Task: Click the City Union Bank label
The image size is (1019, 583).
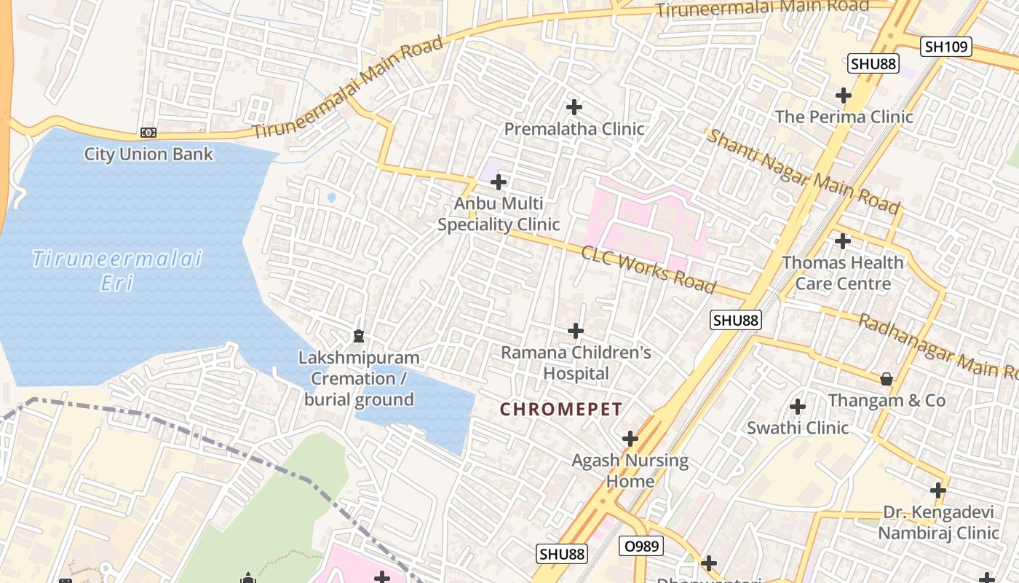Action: click(148, 154)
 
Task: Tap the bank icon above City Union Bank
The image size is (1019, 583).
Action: click(148, 133)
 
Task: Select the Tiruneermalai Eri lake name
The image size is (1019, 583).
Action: click(117, 270)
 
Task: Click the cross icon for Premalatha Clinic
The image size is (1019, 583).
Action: click(574, 107)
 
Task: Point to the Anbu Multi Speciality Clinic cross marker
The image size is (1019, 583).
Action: click(499, 181)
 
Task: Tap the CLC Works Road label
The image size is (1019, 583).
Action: click(648, 269)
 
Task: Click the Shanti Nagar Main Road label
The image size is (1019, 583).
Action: click(804, 172)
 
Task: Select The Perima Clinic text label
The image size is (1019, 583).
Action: click(844, 117)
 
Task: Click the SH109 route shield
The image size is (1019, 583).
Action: click(946, 47)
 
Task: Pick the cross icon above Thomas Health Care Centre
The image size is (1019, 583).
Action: click(843, 240)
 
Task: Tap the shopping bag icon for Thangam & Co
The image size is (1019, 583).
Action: click(887, 378)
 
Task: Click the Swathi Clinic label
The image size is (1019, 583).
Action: click(798, 428)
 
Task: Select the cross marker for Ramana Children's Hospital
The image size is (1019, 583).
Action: click(576, 331)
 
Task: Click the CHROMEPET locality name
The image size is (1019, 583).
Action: click(561, 410)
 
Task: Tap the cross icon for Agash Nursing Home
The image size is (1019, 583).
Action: click(630, 439)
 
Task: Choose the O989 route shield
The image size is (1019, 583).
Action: click(641, 546)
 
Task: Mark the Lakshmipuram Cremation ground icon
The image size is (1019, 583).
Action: click(358, 336)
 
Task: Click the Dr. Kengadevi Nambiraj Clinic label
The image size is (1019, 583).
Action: click(938, 523)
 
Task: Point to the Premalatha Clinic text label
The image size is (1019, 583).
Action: click(574, 130)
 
